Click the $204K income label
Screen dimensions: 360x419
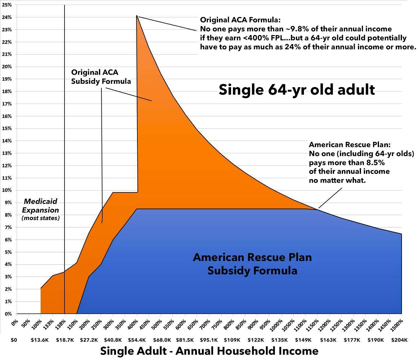(399, 340)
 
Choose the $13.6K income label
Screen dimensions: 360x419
(40, 340)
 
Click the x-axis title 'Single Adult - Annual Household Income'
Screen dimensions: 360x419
(209, 351)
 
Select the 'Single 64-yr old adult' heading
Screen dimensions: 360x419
(296, 90)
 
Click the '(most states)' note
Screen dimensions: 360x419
(41, 218)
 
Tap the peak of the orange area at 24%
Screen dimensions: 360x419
(137, 16)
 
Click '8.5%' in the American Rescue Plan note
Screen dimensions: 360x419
(375, 163)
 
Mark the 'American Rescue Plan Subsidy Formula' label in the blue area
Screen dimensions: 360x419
(252, 264)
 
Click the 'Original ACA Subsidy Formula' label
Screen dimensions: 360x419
(101, 77)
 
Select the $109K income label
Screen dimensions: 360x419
(232, 340)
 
